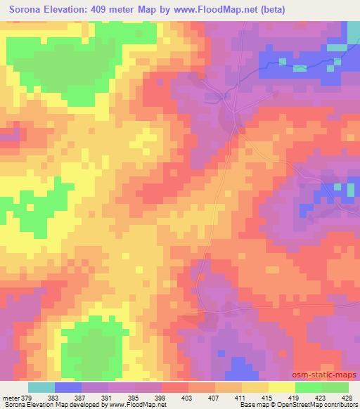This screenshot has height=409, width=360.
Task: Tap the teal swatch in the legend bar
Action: coord(41,387)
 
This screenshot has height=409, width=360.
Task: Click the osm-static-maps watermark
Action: coord(330,375)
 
